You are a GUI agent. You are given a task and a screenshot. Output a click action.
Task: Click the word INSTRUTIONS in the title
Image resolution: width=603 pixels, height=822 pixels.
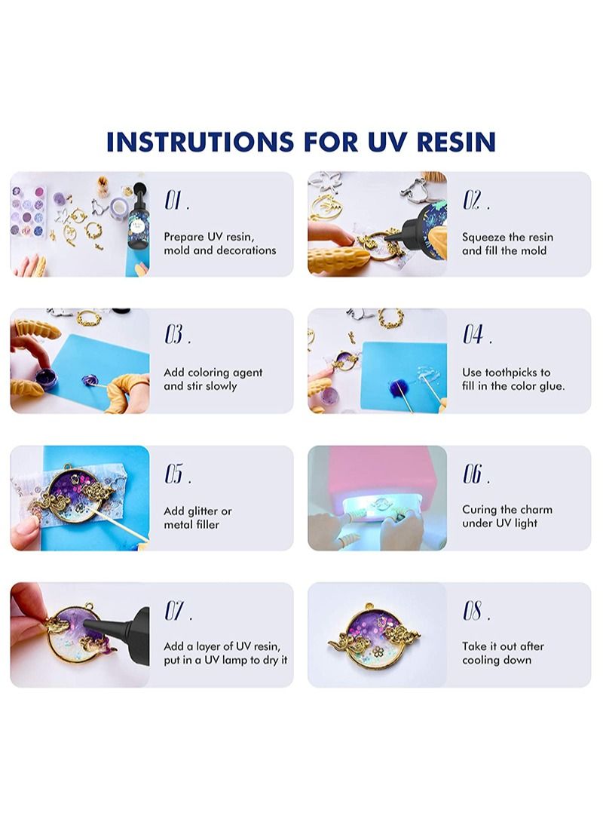click(x=200, y=142)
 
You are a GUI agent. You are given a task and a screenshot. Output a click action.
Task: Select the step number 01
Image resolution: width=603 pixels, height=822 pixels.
click(x=177, y=201)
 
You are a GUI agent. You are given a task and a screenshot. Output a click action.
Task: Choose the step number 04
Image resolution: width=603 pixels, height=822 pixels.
click(x=477, y=335)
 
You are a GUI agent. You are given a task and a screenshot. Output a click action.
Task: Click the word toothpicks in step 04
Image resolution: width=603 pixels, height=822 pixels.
click(x=511, y=373)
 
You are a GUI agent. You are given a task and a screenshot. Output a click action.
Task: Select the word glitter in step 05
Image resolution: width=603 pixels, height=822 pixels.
click(x=202, y=511)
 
